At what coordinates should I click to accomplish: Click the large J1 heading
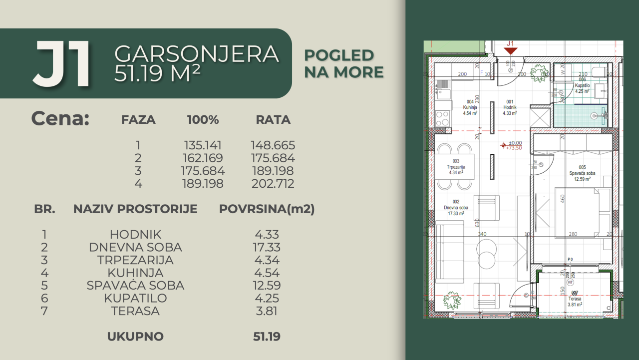tap(62, 64)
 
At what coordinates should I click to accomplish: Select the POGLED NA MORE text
tap(344, 63)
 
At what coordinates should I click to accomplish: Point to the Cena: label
tap(60, 119)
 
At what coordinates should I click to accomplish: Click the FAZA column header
tap(138, 120)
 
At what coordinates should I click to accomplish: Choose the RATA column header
tap(273, 120)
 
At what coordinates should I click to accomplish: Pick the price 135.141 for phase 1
tap(203, 145)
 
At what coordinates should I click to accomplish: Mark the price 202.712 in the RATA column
tap(273, 184)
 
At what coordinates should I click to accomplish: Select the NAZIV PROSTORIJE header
tap(135, 209)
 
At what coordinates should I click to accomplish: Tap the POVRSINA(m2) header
tap(267, 209)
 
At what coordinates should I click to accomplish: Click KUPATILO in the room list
tap(135, 298)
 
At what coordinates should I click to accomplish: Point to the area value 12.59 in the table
tap(267, 286)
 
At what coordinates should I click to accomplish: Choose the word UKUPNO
tap(135, 337)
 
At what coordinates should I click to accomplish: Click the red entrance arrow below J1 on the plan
tap(510, 50)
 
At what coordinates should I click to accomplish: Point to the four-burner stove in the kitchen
tap(442, 118)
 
